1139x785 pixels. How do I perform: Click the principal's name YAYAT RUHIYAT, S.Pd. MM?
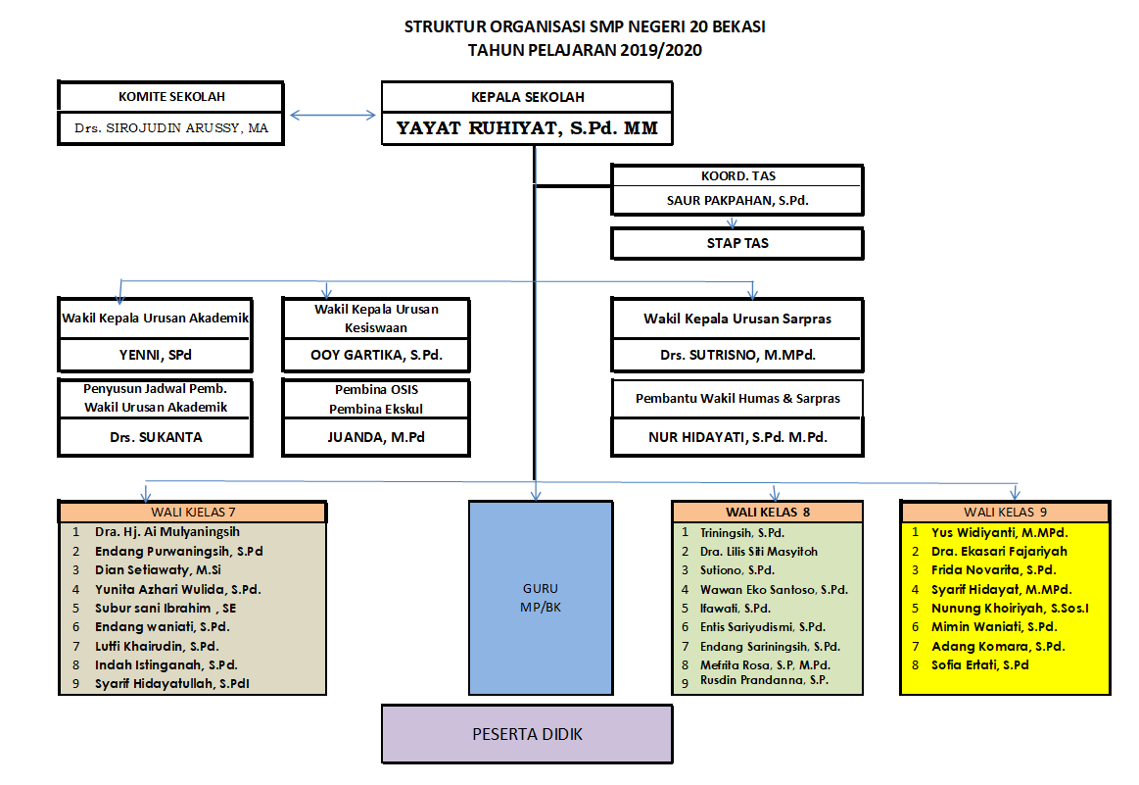527,128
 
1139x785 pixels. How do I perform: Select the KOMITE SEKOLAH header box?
170,97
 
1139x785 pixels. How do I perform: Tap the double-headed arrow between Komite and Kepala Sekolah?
333,115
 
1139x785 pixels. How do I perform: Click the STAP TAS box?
737,243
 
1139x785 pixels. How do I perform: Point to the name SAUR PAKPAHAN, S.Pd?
737,201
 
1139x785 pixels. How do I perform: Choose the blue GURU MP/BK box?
541,598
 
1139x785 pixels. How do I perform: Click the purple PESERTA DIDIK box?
527,734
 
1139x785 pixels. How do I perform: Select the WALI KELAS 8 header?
768,512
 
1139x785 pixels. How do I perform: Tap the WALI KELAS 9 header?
1006,512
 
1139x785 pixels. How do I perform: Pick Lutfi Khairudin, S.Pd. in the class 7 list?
157,646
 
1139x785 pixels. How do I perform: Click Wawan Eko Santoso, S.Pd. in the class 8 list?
775,589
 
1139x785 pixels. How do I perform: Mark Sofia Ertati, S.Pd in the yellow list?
980,665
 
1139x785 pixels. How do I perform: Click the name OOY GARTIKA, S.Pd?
376,355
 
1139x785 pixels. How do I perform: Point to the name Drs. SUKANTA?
156,437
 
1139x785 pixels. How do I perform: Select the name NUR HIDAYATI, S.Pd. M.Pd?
738,437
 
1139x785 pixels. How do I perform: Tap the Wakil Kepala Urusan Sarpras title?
737,319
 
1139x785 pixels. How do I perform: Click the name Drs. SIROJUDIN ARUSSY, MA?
171,128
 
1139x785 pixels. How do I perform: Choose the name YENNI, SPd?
156,355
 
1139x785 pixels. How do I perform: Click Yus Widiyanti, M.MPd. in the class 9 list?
1000,532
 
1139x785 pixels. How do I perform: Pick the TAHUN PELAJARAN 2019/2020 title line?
585,50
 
